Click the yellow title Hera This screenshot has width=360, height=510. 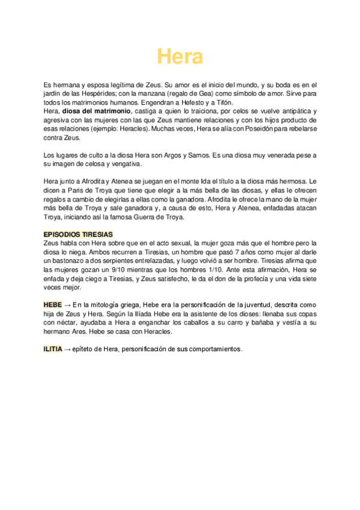click(x=180, y=57)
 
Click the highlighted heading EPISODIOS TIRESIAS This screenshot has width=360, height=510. click(x=78, y=234)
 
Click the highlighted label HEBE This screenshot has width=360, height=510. click(x=53, y=305)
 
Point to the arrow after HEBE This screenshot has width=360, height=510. click(x=67, y=305)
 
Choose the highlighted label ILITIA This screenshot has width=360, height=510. click(x=52, y=349)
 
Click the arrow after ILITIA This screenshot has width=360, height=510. click(x=67, y=349)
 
